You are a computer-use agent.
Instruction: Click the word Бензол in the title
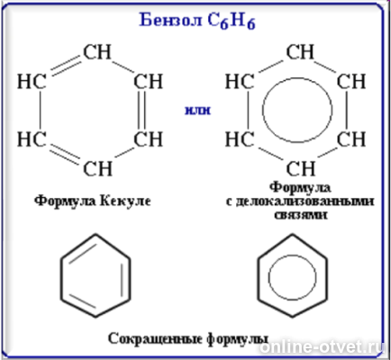(x=170, y=20)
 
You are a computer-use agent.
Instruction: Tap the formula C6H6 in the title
(x=232, y=22)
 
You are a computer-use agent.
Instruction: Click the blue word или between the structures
(x=197, y=111)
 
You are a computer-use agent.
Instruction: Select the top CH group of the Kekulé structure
(x=97, y=52)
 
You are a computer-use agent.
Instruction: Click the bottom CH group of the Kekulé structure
(x=97, y=168)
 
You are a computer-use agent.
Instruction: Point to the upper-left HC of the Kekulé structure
(x=32, y=81)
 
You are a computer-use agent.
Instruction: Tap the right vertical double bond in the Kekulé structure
(x=141, y=110)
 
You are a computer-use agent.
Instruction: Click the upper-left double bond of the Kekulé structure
(x=66, y=67)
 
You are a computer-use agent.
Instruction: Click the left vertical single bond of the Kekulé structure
(x=40, y=110)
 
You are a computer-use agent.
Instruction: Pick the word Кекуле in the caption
(x=125, y=201)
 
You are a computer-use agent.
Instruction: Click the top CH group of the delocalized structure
(x=300, y=52)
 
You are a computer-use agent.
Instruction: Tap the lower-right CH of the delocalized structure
(x=351, y=139)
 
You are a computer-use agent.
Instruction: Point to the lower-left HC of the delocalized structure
(x=240, y=139)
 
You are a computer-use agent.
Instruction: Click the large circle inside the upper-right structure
(x=263, y=110)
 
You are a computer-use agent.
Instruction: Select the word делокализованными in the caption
(x=300, y=201)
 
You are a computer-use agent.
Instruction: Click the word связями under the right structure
(x=301, y=215)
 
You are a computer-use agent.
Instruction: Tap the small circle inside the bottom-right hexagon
(x=268, y=277)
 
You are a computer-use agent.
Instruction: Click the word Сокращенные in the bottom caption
(x=155, y=338)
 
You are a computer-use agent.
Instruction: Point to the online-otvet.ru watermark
(x=322, y=347)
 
